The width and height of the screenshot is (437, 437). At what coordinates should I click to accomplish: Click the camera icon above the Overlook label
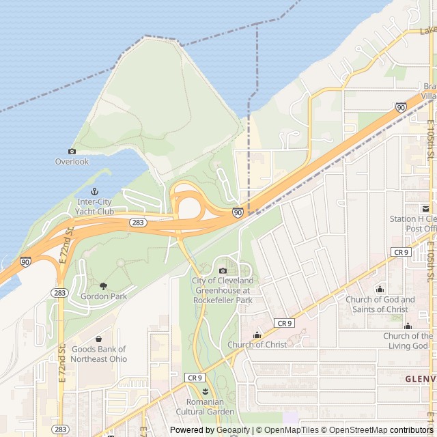click(72, 151)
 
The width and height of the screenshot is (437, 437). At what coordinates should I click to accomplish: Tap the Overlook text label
click(72, 162)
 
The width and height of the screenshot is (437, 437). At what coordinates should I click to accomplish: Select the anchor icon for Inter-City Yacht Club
click(95, 191)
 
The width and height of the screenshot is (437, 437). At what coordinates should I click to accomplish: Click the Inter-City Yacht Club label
click(96, 207)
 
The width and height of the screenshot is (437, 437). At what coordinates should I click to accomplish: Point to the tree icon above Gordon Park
click(103, 286)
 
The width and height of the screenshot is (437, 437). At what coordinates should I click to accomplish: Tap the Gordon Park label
click(103, 297)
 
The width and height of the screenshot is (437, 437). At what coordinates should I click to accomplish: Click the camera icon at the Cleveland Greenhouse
click(223, 270)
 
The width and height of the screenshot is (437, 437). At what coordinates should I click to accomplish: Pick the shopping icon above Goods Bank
click(98, 339)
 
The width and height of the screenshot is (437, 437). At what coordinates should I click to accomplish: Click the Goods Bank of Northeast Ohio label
click(98, 354)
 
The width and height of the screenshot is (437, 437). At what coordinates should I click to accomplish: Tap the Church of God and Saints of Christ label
click(380, 305)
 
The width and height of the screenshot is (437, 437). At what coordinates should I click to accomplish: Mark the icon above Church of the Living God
click(408, 326)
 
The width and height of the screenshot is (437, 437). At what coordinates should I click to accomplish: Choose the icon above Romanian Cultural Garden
click(205, 391)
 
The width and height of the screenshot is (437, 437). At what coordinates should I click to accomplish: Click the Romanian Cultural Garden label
click(205, 407)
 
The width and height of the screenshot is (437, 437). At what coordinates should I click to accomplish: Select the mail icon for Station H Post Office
click(424, 208)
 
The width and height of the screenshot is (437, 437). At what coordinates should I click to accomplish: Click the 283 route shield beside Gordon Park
click(59, 292)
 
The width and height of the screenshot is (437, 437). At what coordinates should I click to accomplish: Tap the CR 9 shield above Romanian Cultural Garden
click(195, 378)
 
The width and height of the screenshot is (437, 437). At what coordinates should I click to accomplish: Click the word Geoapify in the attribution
click(232, 430)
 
